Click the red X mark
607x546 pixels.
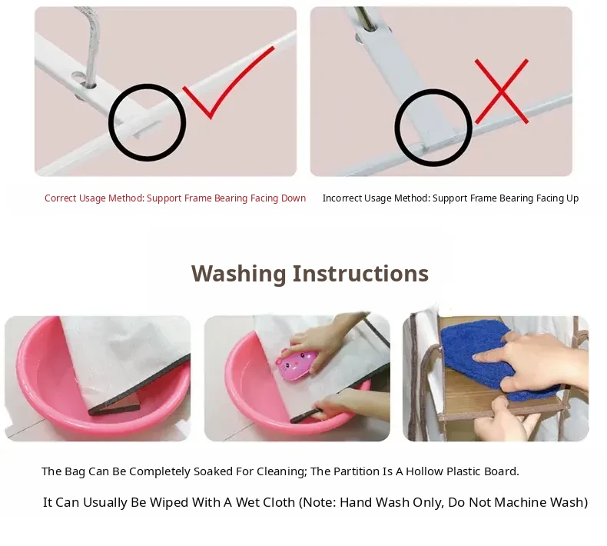502,92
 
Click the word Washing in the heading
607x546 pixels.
238,274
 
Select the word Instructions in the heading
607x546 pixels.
360,273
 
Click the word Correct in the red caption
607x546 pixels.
61,198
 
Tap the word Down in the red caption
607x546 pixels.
294,198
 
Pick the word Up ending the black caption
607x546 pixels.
572,198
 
